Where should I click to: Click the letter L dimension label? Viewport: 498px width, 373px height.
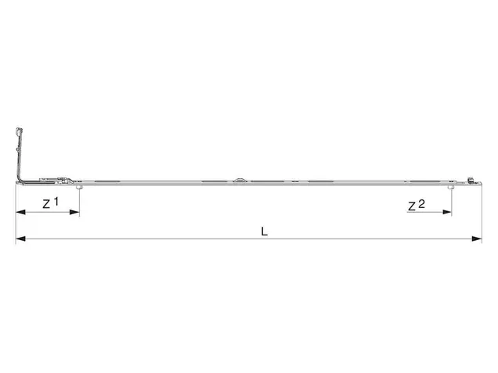click(264, 231)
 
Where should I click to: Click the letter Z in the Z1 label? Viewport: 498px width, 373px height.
click(46, 204)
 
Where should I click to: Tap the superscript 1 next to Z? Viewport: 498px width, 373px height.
click(56, 201)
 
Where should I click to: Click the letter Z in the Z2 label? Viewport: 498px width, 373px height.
click(412, 206)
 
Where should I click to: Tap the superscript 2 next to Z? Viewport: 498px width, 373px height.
click(421, 203)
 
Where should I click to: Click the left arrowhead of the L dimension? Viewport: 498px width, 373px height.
click(20, 239)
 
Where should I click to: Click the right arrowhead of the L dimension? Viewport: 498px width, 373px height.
click(477, 239)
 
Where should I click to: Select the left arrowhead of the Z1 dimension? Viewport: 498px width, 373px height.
click(20, 212)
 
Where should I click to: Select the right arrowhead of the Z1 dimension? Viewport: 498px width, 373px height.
click(74, 212)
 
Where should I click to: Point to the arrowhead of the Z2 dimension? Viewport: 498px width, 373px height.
click(446, 212)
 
